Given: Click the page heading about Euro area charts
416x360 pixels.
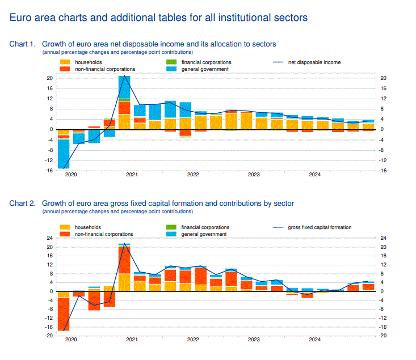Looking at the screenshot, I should coord(159,18).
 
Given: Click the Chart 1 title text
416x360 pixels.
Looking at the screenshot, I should coord(159,44).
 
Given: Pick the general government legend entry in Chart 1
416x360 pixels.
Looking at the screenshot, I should coord(205,69).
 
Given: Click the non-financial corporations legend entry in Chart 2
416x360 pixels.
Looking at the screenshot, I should coord(104,234).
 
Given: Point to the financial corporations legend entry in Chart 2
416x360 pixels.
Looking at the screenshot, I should coord(206,227).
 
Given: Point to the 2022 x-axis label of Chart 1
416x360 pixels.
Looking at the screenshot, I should coord(192,175).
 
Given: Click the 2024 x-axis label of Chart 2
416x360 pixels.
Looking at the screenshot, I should coord(315,340).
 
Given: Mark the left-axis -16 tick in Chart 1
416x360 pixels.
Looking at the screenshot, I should coord(49,170).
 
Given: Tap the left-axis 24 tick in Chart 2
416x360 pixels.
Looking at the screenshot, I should coord(50,239).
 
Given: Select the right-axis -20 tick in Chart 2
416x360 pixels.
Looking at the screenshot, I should coord(383,336).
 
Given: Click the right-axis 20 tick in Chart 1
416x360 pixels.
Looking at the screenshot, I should coord(383,78).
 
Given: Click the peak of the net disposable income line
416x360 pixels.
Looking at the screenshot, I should coord(124,76).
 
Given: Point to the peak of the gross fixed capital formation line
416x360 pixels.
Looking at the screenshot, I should coord(124,244).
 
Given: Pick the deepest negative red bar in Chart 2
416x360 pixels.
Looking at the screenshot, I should coord(64,314).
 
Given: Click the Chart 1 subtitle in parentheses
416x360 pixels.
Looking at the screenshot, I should coord(117,52).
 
